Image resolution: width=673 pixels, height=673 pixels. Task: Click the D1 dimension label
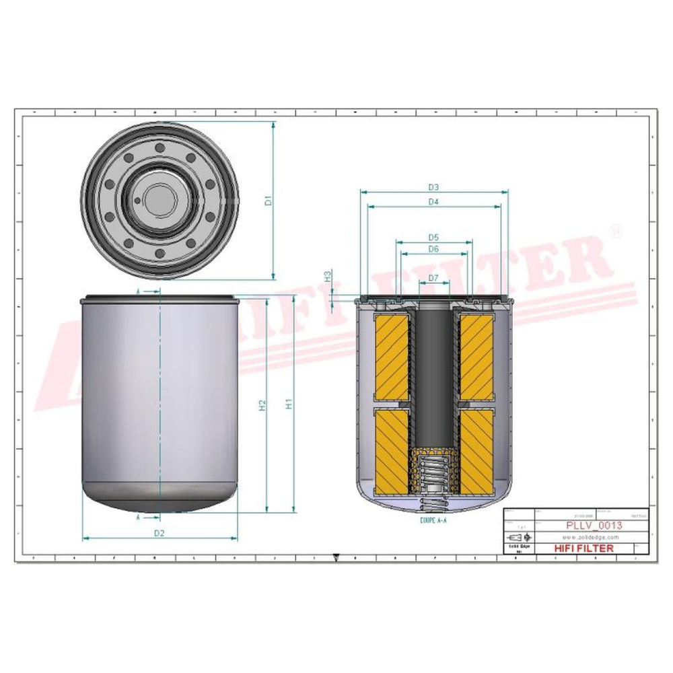(x=267, y=200)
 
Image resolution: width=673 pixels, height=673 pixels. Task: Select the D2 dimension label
(x=160, y=533)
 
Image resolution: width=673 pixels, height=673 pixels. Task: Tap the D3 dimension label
(x=433, y=187)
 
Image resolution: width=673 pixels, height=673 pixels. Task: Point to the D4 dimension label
(x=433, y=202)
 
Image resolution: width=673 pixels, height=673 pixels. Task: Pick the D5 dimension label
(x=433, y=237)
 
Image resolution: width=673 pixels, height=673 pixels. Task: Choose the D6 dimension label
(x=433, y=249)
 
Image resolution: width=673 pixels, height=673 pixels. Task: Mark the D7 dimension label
(x=433, y=278)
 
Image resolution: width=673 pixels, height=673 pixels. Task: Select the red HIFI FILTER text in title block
(x=583, y=548)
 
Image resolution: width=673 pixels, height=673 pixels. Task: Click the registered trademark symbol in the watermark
(x=614, y=230)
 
